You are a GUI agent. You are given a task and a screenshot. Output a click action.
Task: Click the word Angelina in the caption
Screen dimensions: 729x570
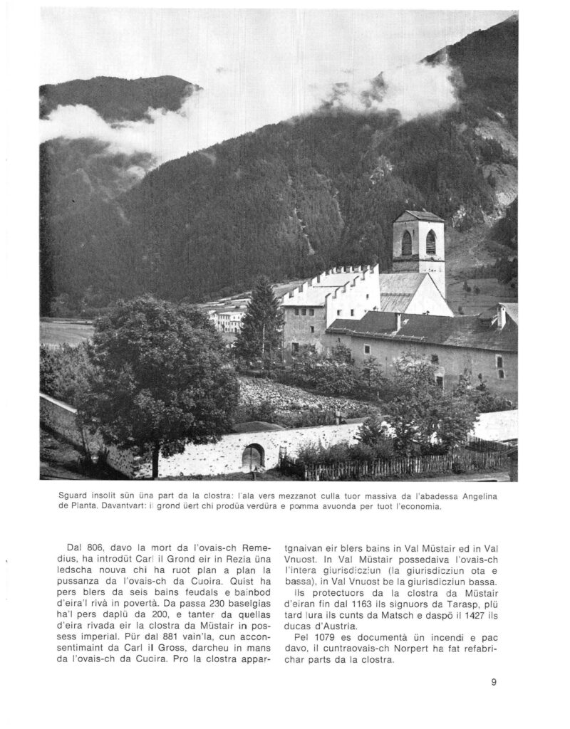coord(492,495)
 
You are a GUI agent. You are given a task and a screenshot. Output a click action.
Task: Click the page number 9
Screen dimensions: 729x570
coord(493,682)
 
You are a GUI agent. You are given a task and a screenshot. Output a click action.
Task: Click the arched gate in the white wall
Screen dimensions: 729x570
coord(252,456)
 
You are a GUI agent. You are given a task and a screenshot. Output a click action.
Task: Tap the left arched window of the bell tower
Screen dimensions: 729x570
coord(406,243)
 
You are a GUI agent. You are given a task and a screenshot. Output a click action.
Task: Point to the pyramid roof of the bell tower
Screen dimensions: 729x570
coord(418,215)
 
